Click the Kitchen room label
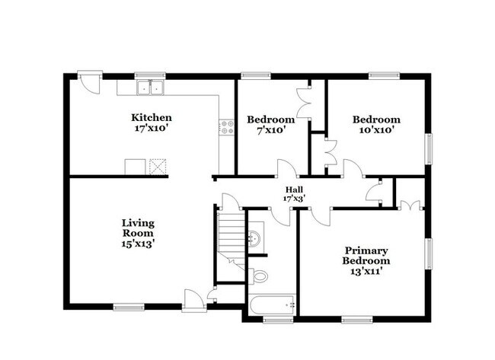point(151,118)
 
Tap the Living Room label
point(138,228)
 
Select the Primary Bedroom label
point(366,256)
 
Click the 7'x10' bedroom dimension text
point(270,130)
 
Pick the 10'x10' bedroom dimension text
point(375,130)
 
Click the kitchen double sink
point(151,88)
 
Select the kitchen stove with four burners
point(226,127)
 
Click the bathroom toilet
point(259,275)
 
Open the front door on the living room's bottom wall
point(193,300)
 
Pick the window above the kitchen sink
point(150,75)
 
